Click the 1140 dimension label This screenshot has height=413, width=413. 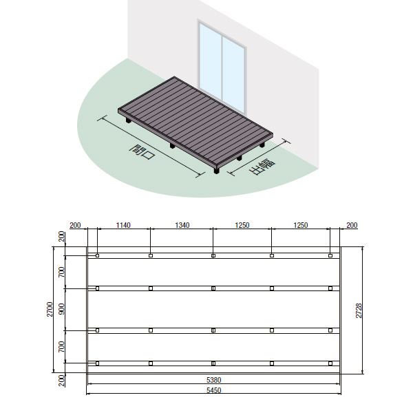[123, 225]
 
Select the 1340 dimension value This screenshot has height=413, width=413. [182, 225]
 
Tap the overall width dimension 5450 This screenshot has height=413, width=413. [213, 390]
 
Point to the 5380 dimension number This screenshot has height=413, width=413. [213, 380]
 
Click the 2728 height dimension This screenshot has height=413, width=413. [359, 310]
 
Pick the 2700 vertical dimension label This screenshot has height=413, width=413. [50, 309]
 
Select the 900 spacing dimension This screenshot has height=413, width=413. [62, 308]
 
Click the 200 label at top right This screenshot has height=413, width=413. [352, 225]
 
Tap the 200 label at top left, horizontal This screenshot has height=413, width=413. [75, 225]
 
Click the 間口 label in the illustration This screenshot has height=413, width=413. [142, 152]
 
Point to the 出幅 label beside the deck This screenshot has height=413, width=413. [262, 167]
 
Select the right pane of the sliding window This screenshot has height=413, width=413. [233, 75]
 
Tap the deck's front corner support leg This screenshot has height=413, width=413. [217, 170]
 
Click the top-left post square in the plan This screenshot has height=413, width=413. [98, 255]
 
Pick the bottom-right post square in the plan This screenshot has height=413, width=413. [330, 363]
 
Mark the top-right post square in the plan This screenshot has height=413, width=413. [330, 255]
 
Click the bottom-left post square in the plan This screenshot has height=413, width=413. [98, 363]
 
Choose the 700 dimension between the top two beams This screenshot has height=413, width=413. [62, 272]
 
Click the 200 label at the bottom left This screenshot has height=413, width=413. [62, 381]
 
